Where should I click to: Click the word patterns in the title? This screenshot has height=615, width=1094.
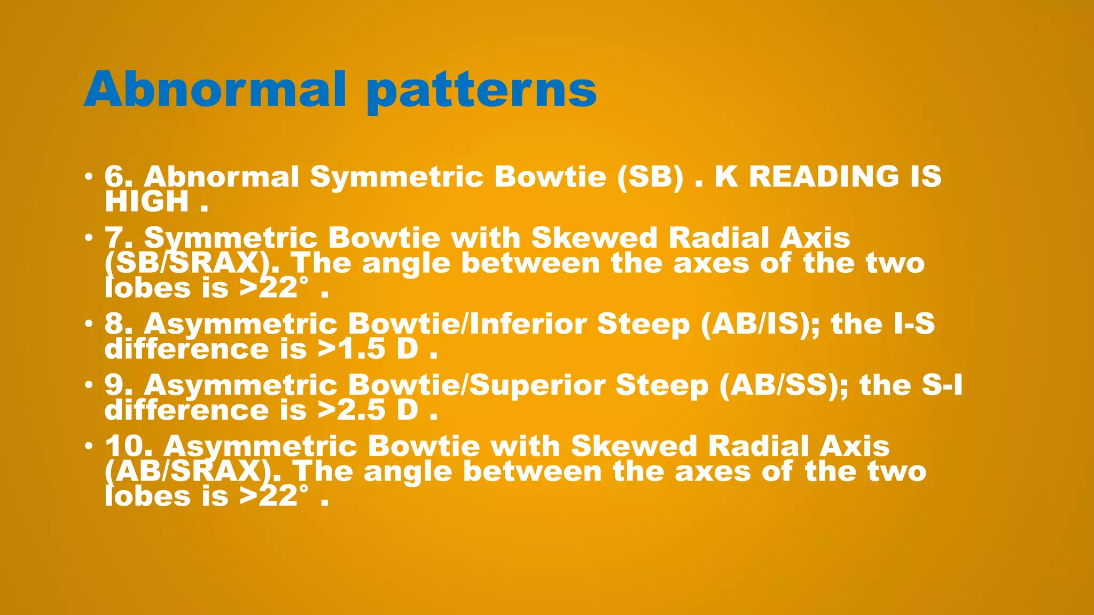tap(481, 91)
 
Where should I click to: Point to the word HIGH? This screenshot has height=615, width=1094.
tap(147, 202)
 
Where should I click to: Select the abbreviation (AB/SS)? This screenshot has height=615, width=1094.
tap(783, 385)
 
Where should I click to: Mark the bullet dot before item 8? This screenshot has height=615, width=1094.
tap(89, 324)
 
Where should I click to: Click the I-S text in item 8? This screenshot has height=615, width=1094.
tap(913, 324)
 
